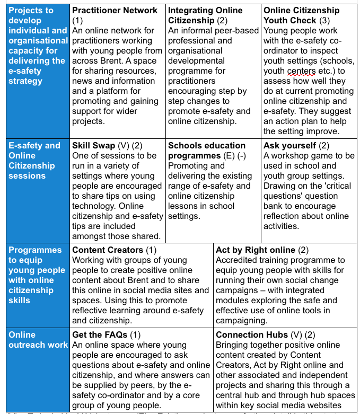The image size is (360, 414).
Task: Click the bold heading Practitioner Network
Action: pyautogui.click(x=115, y=11)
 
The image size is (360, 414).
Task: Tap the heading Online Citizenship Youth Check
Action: pyautogui.click(x=301, y=15)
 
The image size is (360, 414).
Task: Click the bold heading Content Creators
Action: pyautogui.click(x=108, y=250)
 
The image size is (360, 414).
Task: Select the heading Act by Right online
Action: pyautogui.click(x=256, y=250)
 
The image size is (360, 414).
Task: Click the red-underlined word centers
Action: pyautogui.click(x=315, y=71)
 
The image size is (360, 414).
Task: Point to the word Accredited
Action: pyautogui.click(x=237, y=260)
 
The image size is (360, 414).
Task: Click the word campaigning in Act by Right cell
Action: pyautogui.click(x=241, y=320)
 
